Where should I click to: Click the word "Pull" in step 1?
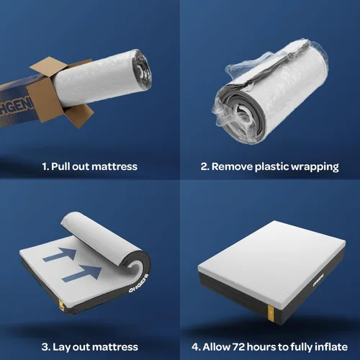coord(60,166)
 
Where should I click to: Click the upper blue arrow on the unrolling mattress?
coord(60,254)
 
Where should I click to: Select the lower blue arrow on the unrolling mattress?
coord(81,274)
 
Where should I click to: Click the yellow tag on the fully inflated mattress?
coord(270,312)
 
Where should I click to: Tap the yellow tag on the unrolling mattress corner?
coord(61,305)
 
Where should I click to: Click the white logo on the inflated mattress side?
coord(318,280)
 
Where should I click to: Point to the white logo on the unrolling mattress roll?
coord(138,284)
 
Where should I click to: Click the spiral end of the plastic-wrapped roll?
coord(240,116)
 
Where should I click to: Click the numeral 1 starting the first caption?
coord(45,166)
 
